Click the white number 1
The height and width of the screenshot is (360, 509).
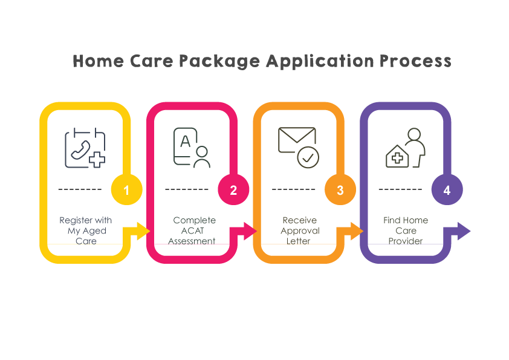[126, 191]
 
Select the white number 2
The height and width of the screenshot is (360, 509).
[233, 191]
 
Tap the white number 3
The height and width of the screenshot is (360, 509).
[340, 191]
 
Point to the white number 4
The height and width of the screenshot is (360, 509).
[447, 191]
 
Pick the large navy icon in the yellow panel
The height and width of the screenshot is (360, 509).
[90, 148]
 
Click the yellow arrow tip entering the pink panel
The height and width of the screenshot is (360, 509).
[148, 231]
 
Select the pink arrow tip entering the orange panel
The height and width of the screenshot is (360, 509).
[254, 231]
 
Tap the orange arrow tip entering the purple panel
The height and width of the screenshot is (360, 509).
[361, 231]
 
